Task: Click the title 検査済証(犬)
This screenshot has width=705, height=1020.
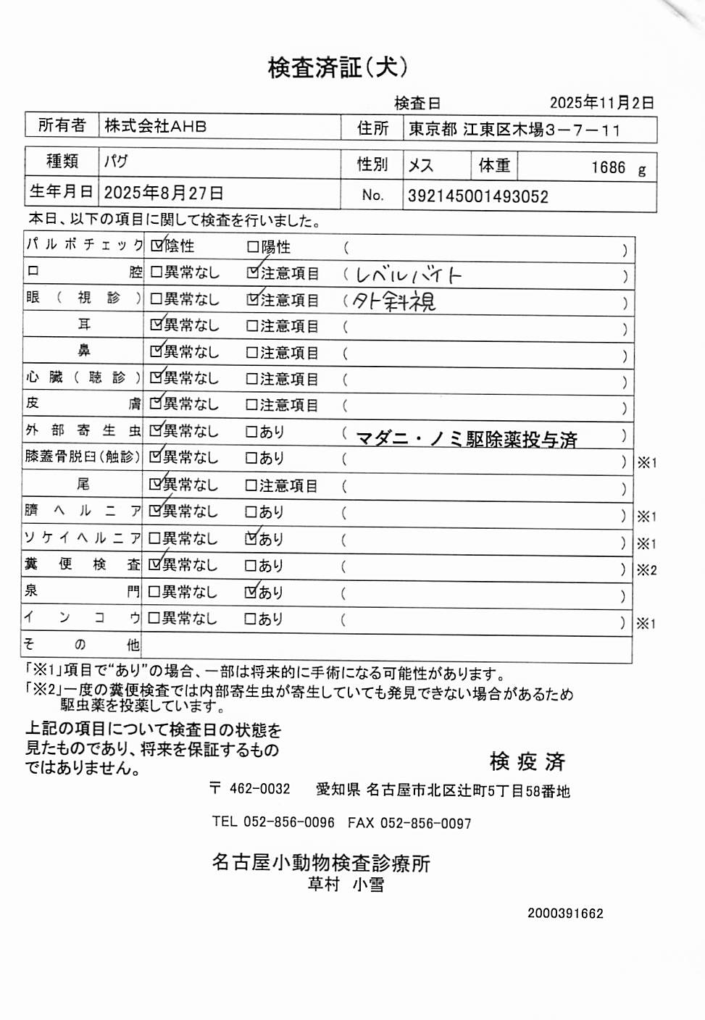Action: [338, 67]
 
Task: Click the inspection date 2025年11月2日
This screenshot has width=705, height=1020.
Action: [601, 103]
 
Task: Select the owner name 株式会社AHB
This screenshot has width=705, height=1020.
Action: [156, 126]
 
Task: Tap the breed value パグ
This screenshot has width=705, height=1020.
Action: [116, 161]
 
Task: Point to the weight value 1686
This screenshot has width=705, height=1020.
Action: [608, 168]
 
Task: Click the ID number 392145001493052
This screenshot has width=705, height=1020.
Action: [477, 196]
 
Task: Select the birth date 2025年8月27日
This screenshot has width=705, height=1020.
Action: [163, 193]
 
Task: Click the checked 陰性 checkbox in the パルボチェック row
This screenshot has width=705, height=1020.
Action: [157, 246]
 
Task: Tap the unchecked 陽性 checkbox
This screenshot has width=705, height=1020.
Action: [253, 247]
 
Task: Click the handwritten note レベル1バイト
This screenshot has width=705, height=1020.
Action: [408, 275]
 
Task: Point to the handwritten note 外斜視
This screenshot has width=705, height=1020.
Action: [393, 301]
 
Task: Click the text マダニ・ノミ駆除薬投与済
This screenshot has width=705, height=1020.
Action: [467, 439]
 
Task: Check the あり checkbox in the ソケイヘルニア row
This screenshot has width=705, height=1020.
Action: [251, 539]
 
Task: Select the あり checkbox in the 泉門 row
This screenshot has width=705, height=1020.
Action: [251, 593]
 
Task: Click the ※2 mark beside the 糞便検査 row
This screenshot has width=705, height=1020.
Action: [646, 570]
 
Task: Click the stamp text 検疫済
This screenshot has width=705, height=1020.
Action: [527, 761]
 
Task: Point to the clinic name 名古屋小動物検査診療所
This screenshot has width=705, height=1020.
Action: [321, 863]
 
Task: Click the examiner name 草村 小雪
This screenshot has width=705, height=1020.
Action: [346, 885]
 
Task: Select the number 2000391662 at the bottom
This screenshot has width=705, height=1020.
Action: [565, 914]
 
